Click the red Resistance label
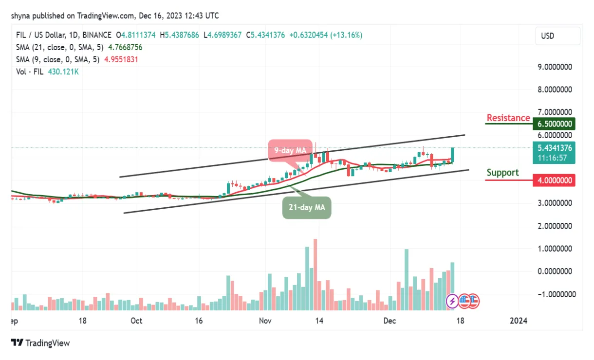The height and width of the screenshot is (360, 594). (x=508, y=118)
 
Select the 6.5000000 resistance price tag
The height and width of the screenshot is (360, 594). (x=555, y=124)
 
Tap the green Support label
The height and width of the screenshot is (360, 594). (x=503, y=173)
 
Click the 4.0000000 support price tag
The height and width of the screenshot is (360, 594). (x=555, y=180)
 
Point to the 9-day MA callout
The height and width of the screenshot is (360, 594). (x=290, y=151)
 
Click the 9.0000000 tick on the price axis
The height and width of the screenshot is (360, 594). (x=555, y=67)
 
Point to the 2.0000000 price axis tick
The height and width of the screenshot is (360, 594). (x=555, y=226)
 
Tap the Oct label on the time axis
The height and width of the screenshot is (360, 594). (x=136, y=321)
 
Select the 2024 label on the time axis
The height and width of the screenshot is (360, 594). (x=518, y=321)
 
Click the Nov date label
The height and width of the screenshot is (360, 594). (x=265, y=321)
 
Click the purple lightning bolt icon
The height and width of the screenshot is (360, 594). (x=452, y=301)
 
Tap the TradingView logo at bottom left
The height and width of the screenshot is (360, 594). (x=41, y=343)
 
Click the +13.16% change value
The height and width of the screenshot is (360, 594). (x=346, y=35)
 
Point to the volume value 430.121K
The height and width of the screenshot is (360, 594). (x=63, y=72)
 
